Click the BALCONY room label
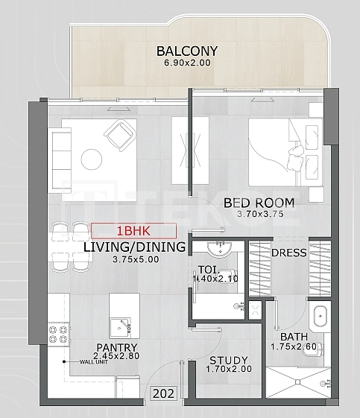tap(187, 51)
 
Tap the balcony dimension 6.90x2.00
tap(188, 63)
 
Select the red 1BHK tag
tap(133, 231)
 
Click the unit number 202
tap(164, 393)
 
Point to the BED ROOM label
tap(259, 203)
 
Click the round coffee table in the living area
tap(92, 159)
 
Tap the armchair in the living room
tap(120, 136)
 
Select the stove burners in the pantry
tap(58, 335)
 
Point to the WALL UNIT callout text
tap(94, 362)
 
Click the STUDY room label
tap(229, 361)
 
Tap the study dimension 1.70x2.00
tap(229, 369)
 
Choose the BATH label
tap(294, 337)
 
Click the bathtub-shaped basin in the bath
tap(320, 316)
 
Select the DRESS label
tap(289, 253)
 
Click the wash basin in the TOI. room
tap(220, 250)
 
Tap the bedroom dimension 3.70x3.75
tap(260, 214)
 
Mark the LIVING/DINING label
tap(135, 247)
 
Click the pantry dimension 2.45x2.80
tap(116, 356)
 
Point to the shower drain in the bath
tap(298, 382)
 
